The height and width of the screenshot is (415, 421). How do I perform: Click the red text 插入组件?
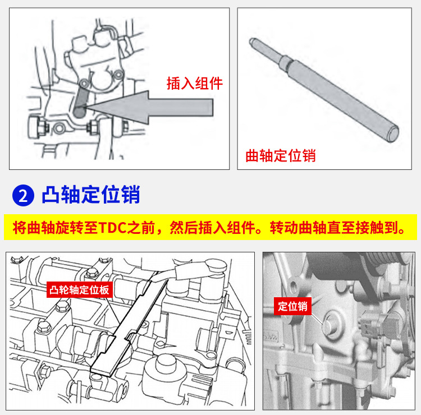[x=195, y=83]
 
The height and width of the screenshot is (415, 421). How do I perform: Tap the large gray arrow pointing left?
[x=149, y=107]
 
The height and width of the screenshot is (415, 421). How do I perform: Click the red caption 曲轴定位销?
[x=281, y=155]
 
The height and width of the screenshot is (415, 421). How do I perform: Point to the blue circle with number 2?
[x=23, y=195]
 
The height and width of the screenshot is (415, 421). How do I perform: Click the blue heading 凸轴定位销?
[x=91, y=195]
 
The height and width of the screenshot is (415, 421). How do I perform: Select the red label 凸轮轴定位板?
[x=80, y=290]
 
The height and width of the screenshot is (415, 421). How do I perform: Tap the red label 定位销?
[x=292, y=306]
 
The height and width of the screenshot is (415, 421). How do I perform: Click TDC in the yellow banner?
[x=112, y=228]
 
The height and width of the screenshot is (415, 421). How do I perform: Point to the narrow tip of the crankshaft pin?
[x=251, y=41]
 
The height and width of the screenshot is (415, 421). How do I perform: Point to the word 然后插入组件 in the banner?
[x=212, y=228]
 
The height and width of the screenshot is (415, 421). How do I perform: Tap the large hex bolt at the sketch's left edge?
[x=35, y=127]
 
